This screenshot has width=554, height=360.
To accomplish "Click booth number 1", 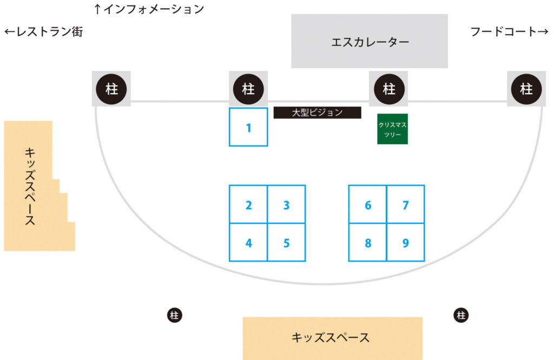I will pyautogui.click(x=248, y=127).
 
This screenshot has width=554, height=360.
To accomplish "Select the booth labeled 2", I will pyautogui.click(x=248, y=204).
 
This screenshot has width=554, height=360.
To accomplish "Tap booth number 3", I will pyautogui.click(x=286, y=204).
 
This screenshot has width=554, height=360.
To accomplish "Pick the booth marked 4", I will pyautogui.click(x=248, y=242).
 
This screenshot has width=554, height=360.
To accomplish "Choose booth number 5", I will pyautogui.click(x=286, y=242).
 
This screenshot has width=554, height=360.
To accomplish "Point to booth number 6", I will pyautogui.click(x=368, y=204).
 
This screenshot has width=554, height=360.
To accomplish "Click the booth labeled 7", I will pyautogui.click(x=406, y=204).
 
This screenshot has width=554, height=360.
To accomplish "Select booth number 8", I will pyautogui.click(x=368, y=242).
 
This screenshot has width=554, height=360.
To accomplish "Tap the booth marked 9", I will pyautogui.click(x=406, y=242).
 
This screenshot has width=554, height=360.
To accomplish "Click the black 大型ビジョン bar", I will pyautogui.click(x=317, y=112).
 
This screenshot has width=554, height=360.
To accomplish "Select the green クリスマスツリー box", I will pyautogui.click(x=392, y=129).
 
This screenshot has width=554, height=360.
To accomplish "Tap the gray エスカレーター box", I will pyautogui.click(x=370, y=41).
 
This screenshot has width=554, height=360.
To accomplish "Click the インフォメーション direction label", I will pyautogui.click(x=149, y=9).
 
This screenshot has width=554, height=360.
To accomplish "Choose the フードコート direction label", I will pyautogui.click(x=509, y=32).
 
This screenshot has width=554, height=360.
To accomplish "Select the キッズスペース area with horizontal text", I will pyautogui.click(x=332, y=337).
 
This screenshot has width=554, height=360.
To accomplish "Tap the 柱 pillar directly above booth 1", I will pyautogui.click(x=248, y=89).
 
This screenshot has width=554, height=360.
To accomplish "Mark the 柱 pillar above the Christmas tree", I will pyautogui.click(x=388, y=89).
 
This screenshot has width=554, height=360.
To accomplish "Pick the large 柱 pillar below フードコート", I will pyautogui.click(x=526, y=89).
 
